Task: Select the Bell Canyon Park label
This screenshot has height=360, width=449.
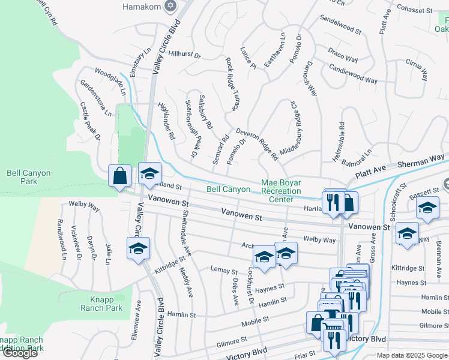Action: click(x=28, y=177)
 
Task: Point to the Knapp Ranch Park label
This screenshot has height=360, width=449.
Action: click(x=101, y=304)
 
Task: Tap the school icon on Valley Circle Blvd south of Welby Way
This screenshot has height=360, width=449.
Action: click(x=138, y=248)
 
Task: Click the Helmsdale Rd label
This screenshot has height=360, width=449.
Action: click(x=342, y=142)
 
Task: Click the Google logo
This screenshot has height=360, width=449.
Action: click(x=19, y=353)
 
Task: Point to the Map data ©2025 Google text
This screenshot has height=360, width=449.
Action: click(x=412, y=355)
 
